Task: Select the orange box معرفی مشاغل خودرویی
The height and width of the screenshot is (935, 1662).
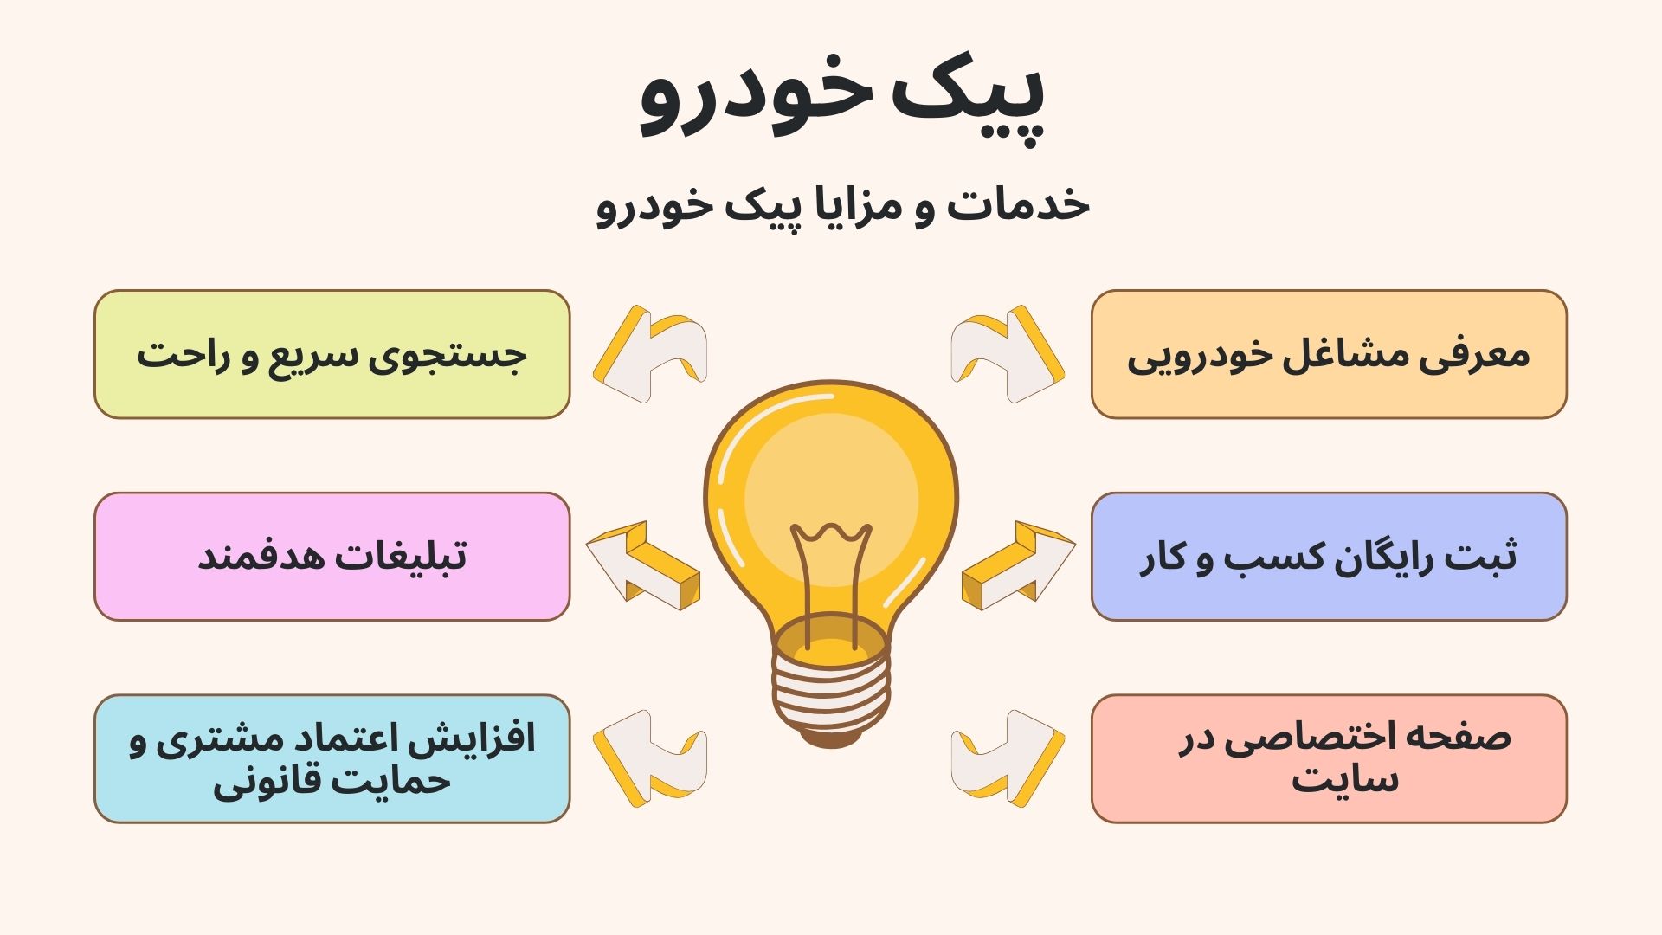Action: (1329, 354)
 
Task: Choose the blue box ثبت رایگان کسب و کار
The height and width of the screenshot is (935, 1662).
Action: (1329, 557)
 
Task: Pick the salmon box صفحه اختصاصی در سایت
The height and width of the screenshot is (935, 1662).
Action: (1329, 758)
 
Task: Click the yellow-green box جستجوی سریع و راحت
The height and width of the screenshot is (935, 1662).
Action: (332, 354)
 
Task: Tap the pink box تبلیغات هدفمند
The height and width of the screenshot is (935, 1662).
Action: (332, 557)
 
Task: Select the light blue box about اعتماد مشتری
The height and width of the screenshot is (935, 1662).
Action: (332, 758)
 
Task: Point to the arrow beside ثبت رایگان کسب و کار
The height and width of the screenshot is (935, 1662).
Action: (1018, 565)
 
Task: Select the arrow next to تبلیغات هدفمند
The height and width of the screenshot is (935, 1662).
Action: (642, 565)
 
